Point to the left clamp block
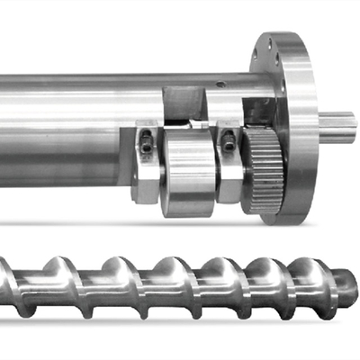(x=147, y=162)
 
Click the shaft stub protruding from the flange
(x=337, y=125)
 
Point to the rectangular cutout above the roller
(x=184, y=103)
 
